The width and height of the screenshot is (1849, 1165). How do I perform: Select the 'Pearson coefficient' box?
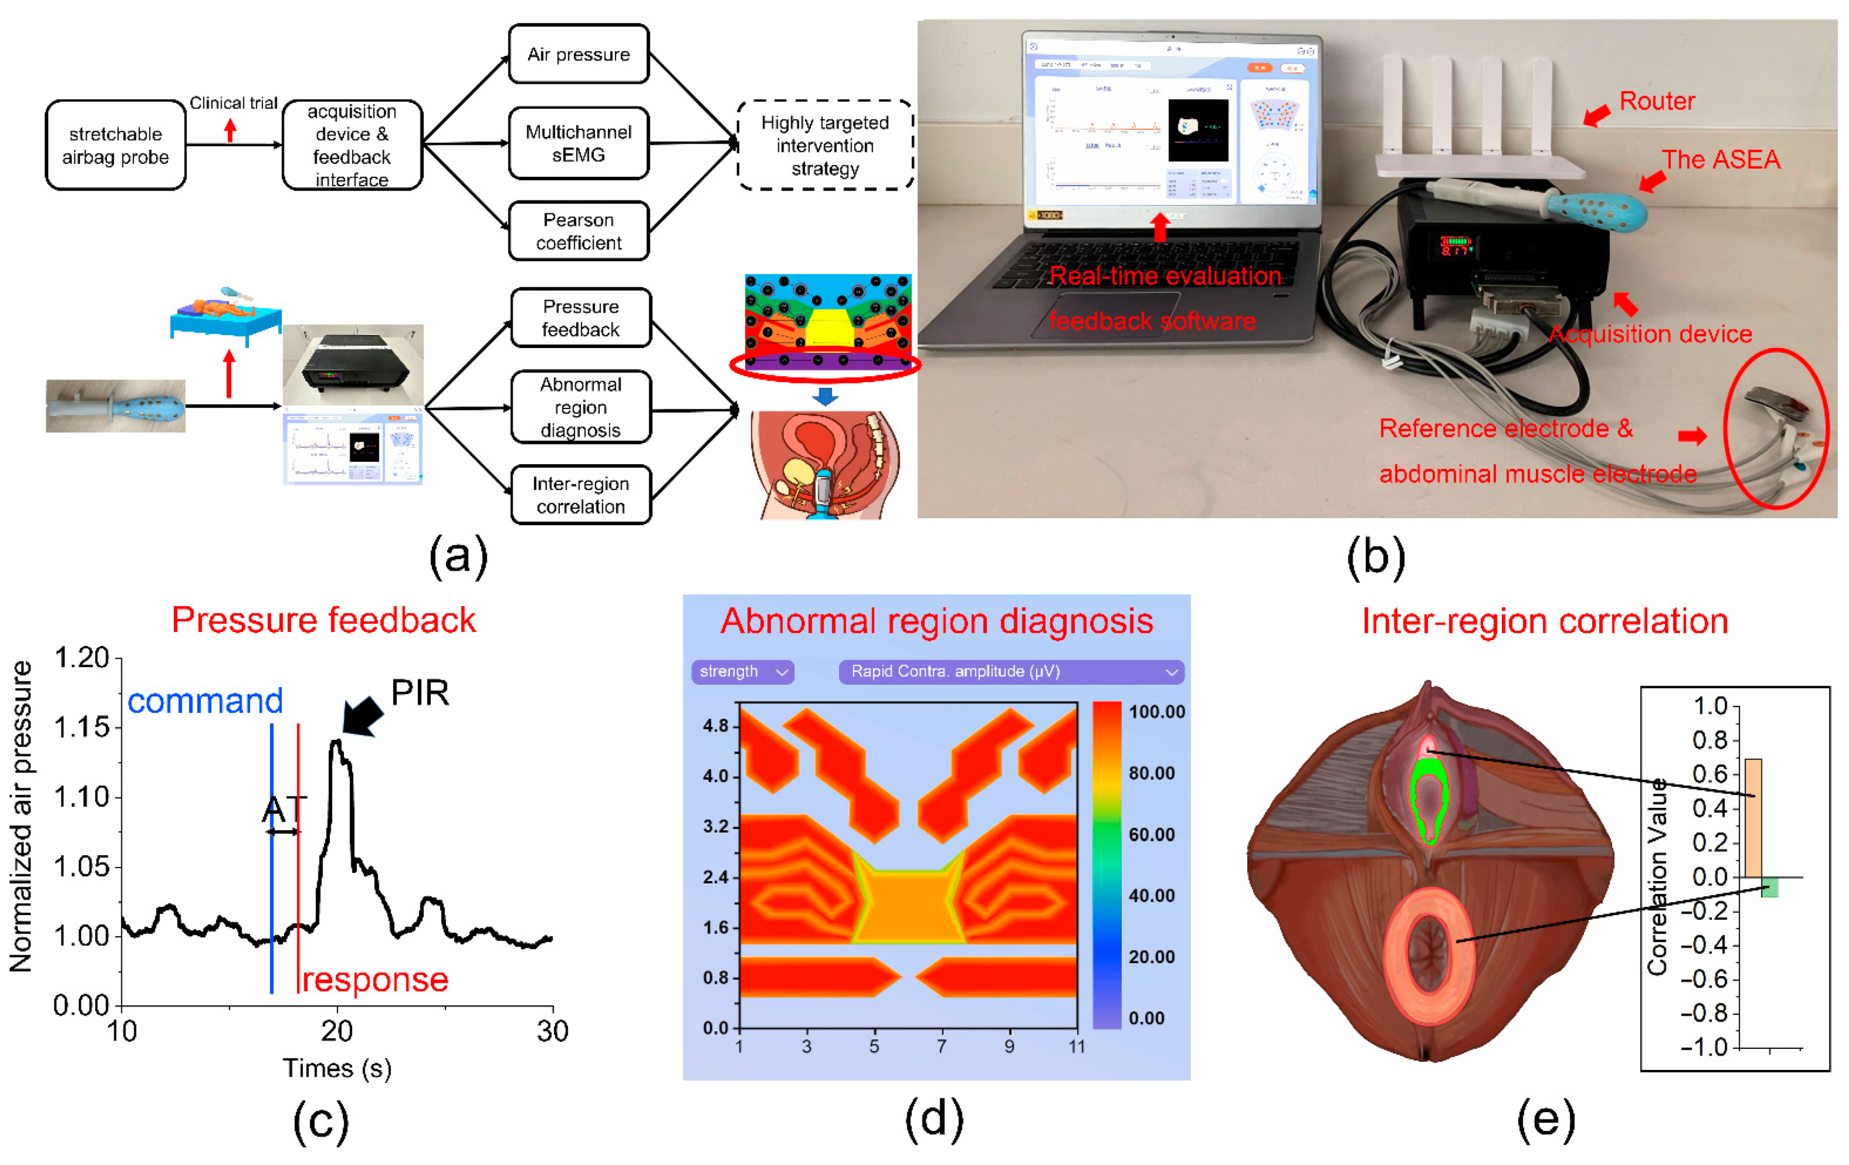pos(578,231)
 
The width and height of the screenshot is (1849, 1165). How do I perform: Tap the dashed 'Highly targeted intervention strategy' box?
pos(825,145)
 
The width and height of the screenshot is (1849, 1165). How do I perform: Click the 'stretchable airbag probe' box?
pos(115,145)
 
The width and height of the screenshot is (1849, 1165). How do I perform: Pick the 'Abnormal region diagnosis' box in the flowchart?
pos(580,407)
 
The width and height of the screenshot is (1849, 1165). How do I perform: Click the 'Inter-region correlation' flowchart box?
pos(580,495)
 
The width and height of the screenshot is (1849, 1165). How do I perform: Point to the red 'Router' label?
pos(1656,101)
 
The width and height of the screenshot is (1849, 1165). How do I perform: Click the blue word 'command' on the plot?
pos(205,701)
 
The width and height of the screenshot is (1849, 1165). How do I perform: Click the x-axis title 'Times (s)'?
pos(337,1068)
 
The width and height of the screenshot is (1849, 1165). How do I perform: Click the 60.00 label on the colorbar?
pos(1151,834)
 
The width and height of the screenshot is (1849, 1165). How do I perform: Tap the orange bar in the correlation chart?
pos(1753,818)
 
